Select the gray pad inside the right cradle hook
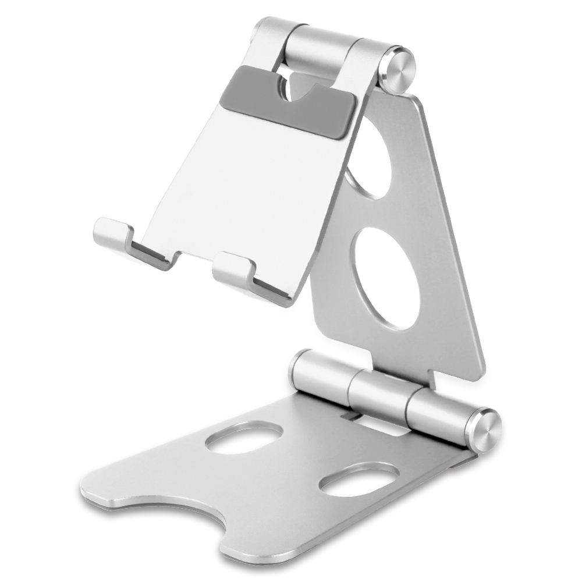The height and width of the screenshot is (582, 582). pos(271,289)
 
